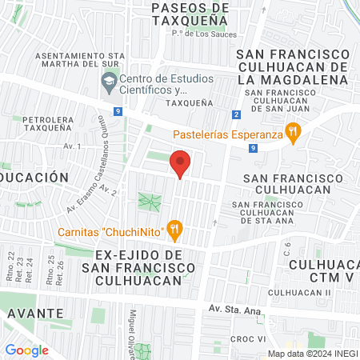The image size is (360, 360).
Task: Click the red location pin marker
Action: click(x=181, y=163)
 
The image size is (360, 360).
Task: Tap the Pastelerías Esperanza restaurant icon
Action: click(x=294, y=134)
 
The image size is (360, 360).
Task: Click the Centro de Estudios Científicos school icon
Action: click(x=108, y=81)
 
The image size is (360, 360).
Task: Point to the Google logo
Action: click(x=26, y=350)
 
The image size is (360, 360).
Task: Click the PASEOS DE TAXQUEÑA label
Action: click(x=191, y=15)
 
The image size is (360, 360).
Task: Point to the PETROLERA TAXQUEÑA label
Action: click(x=49, y=127)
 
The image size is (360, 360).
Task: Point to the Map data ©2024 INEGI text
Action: click(x=312, y=354)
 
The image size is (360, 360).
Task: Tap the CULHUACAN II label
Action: click(x=311, y=293)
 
